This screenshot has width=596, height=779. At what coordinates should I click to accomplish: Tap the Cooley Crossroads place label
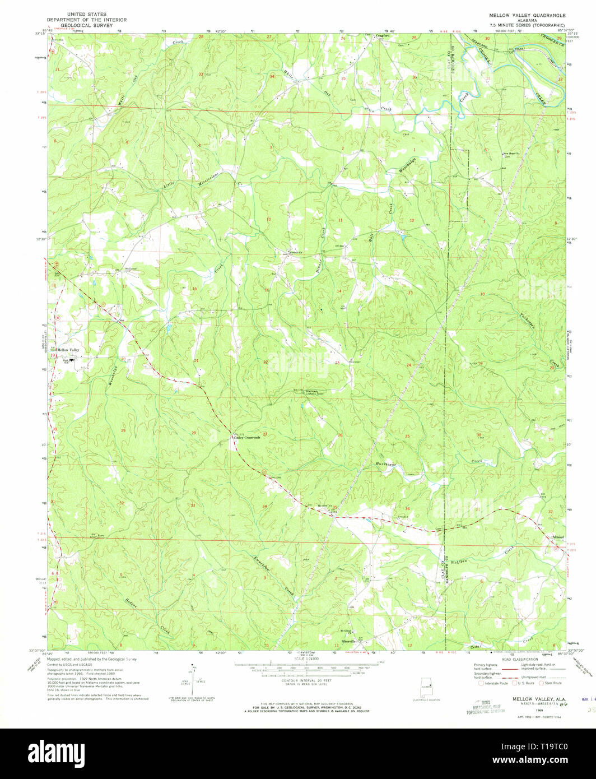coord(246,438)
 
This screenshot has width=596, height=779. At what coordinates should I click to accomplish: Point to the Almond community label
coord(558,537)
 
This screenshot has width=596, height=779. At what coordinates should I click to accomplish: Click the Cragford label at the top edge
coord(383,36)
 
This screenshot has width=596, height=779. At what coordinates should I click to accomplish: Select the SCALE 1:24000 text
coord(306,659)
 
